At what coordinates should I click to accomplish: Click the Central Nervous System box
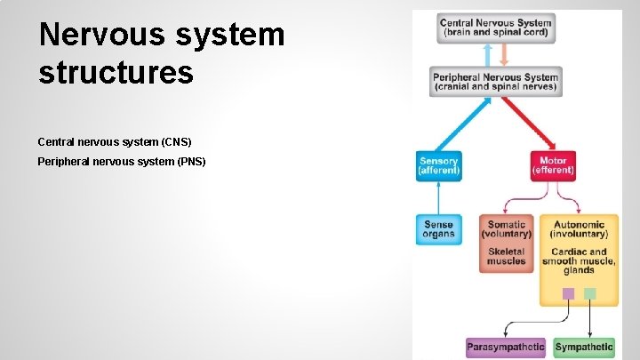tap(495, 28)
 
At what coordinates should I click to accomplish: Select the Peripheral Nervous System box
tap(495, 82)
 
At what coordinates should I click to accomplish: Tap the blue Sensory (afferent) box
tap(438, 165)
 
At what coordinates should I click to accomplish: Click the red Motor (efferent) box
tap(553, 165)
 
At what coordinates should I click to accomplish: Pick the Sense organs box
tap(438, 229)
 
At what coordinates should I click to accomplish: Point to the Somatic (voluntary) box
tap(506, 229)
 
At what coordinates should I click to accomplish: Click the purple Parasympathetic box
tap(506, 347)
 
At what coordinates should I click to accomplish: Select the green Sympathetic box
tap(584, 347)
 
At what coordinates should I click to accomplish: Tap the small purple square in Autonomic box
tap(568, 293)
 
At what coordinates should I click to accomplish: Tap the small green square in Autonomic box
tap(589, 293)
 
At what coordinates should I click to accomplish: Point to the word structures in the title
tap(116, 72)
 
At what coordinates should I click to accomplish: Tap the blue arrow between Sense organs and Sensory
tap(438, 196)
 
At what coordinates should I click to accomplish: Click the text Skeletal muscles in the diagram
tap(506, 256)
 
